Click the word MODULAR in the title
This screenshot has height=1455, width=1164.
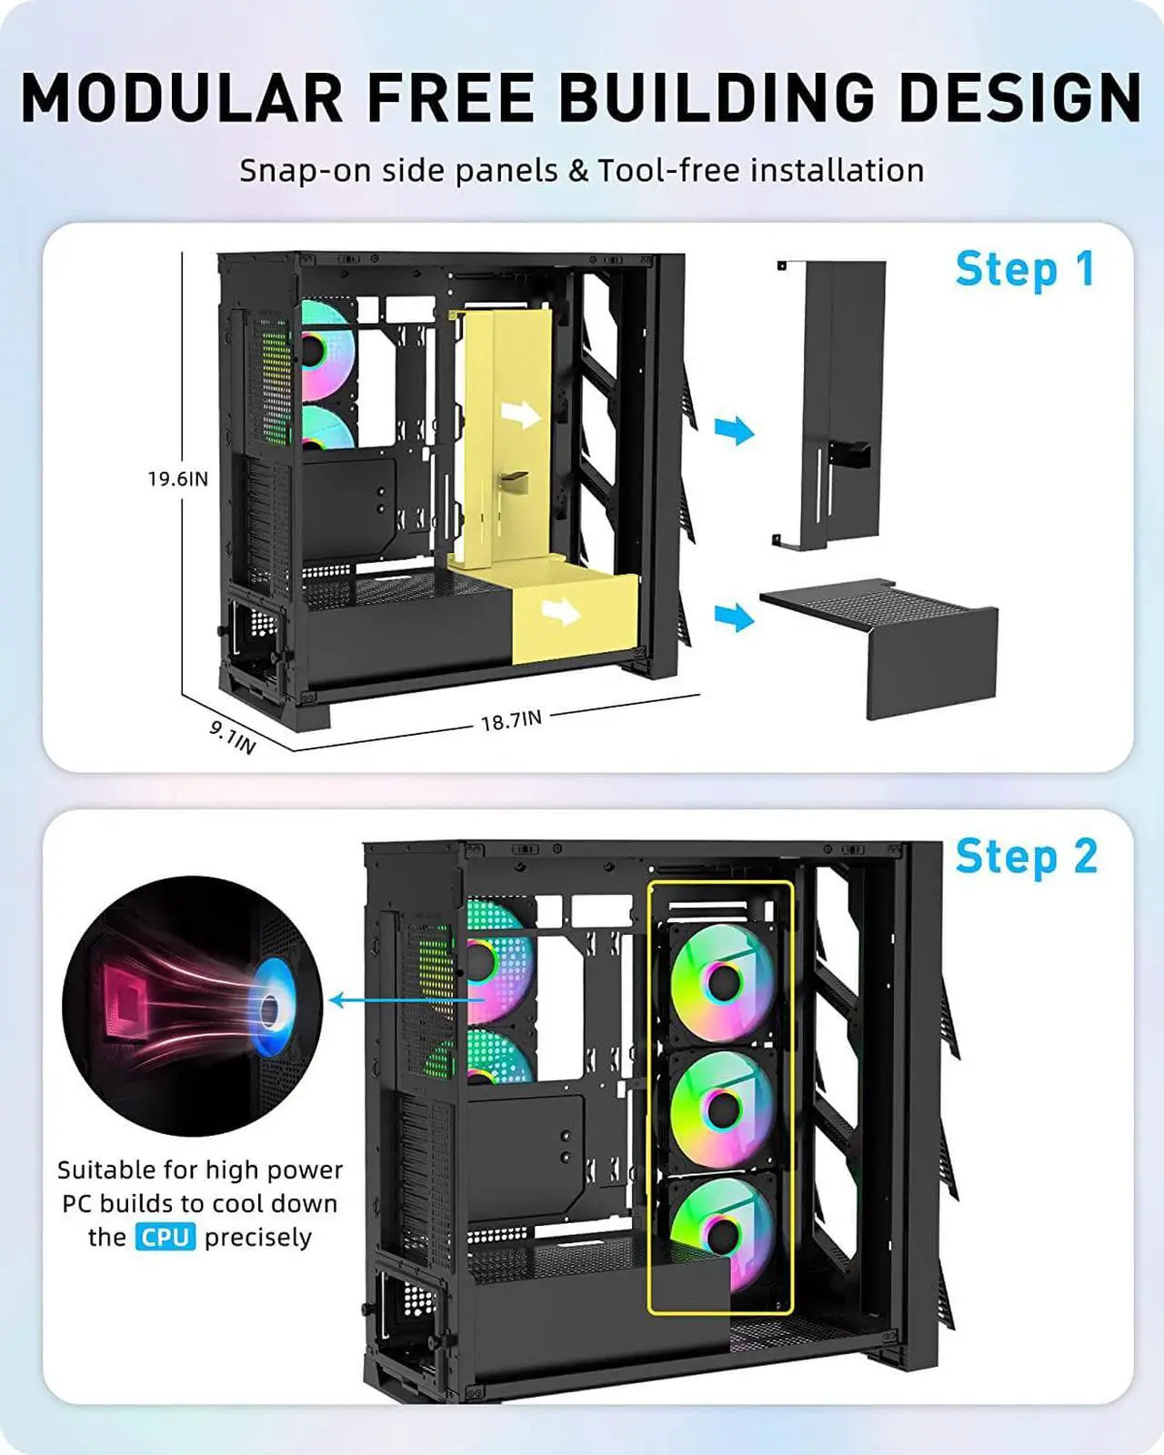pos(182,97)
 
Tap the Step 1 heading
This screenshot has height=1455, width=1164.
pos(1024,270)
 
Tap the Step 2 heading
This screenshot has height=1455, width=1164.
pos(1026,857)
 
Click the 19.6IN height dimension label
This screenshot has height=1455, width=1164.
pos(178,479)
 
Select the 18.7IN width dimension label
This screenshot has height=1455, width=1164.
pos(511,720)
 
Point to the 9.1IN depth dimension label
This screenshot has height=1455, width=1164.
pos(233,738)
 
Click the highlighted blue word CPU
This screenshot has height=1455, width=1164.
pos(166,1238)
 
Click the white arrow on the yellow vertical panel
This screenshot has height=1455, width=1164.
pos(521,416)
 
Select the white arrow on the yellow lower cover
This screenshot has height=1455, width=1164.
pos(560,611)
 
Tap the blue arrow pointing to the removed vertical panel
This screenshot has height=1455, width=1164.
pos(734,429)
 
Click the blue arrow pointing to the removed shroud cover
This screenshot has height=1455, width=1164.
pos(734,617)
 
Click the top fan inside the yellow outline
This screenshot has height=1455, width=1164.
pos(723,982)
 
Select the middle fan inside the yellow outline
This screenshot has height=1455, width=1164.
pos(723,1109)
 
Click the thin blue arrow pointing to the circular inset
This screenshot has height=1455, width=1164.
pos(400,1001)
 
